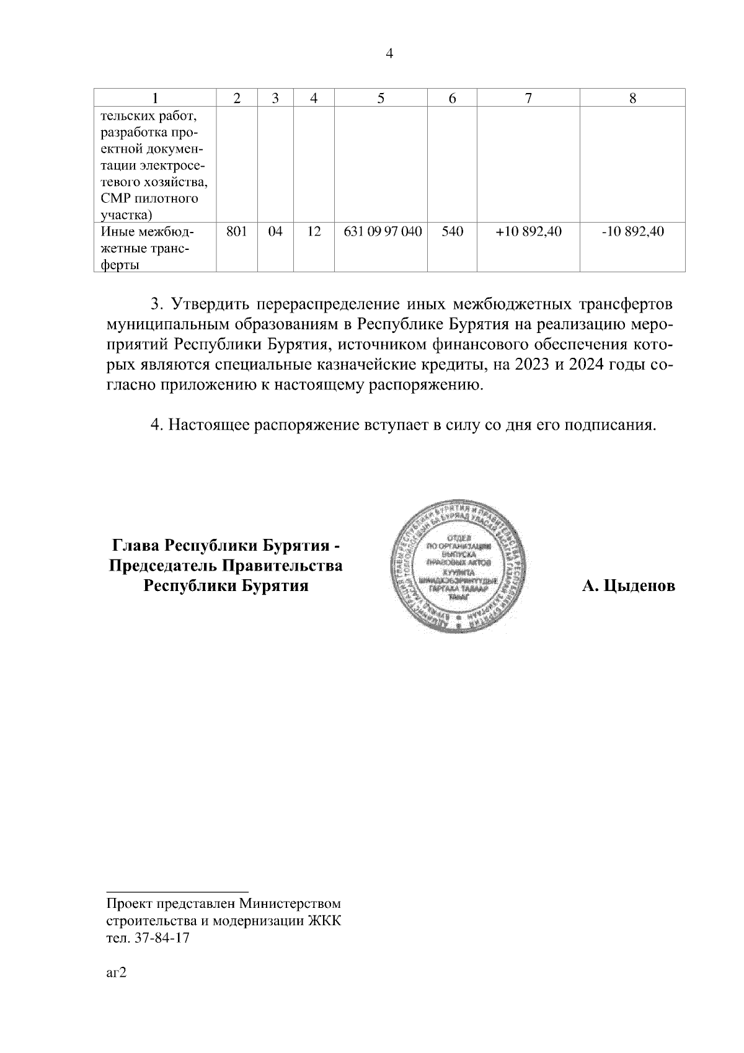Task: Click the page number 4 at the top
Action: point(389,54)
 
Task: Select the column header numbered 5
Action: point(381,98)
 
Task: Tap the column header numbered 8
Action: point(632,98)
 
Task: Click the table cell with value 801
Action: point(237,232)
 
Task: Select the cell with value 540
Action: point(453,232)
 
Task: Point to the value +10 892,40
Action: point(529,232)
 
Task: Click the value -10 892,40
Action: point(632,232)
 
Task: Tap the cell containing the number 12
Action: point(314,232)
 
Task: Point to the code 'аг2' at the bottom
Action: point(116,972)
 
